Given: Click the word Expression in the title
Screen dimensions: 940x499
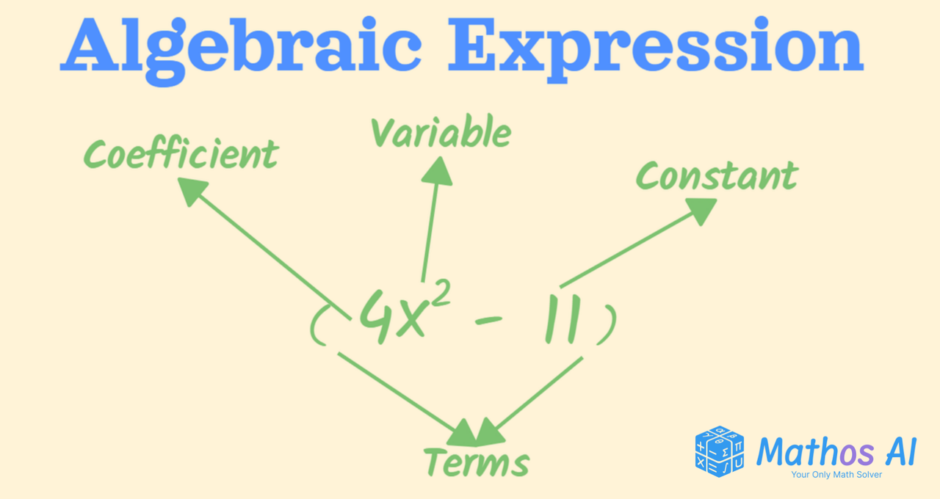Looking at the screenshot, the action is pos(656,49).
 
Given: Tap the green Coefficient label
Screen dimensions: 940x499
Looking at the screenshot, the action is pos(181,153).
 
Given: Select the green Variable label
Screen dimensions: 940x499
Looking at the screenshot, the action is pos(441,131).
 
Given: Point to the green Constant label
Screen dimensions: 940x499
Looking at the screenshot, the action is pos(717,176).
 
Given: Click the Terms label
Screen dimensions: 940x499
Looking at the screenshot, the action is pos(477,462).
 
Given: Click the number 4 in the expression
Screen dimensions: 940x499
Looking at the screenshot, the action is pos(376,316).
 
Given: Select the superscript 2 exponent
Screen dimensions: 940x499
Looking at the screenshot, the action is pos(440,294).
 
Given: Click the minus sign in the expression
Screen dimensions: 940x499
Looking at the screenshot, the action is pos(488,321).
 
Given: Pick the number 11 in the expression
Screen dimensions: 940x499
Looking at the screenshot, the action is pos(563,318).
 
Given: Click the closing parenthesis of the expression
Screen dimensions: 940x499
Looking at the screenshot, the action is pos(607,324).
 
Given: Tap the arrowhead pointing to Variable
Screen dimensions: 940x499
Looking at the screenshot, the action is pos(437,171).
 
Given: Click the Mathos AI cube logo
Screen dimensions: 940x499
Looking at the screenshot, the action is pos(719,451).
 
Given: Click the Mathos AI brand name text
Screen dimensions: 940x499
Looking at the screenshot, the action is pos(836,452).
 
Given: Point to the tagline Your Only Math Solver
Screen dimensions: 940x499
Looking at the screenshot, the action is pos(836,475).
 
